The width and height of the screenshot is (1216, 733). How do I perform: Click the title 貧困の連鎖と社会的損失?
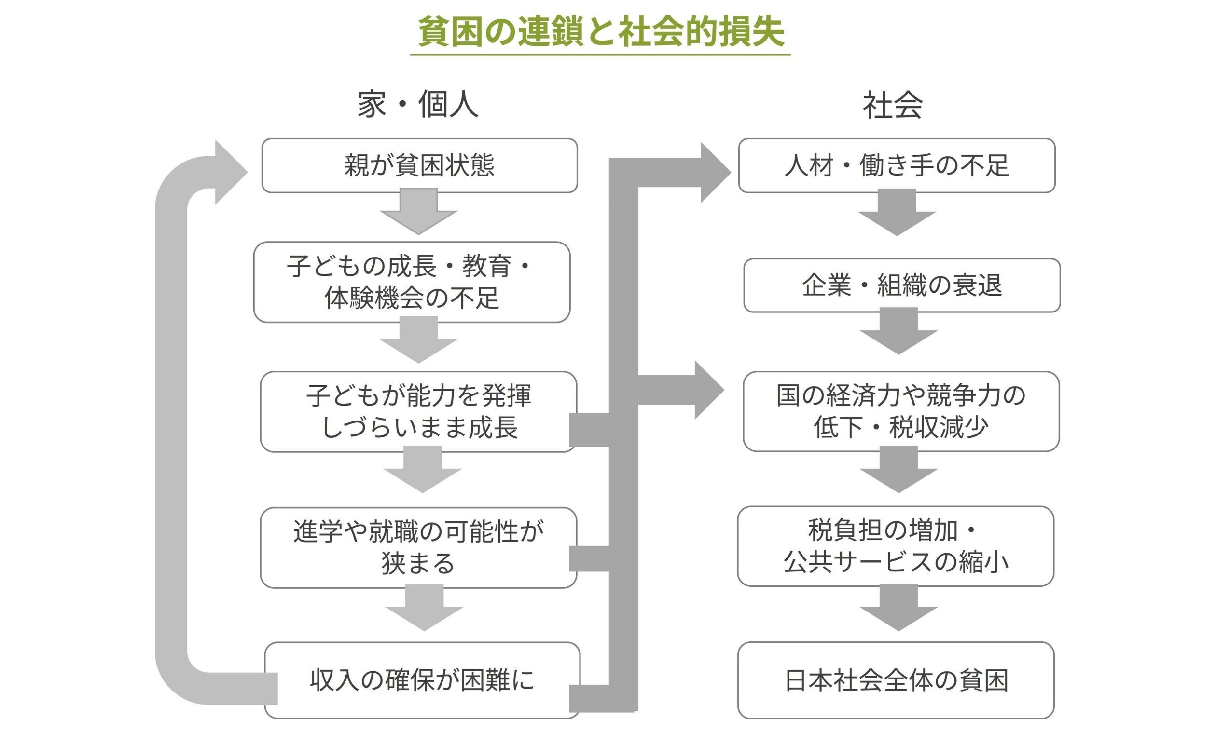pos(601,32)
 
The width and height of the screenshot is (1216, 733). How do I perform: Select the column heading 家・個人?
pos(418,105)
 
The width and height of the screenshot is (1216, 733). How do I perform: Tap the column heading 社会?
pos(892,106)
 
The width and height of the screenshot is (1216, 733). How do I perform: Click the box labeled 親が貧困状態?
pos(419,165)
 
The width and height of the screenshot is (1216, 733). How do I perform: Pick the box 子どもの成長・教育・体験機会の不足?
pos(412,282)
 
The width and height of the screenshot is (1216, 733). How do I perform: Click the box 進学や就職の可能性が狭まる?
pos(417,547)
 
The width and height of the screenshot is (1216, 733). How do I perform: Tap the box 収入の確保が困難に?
pos(422,680)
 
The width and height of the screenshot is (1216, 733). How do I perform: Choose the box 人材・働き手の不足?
pos(897,165)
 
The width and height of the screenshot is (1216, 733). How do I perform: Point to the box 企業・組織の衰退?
pos(902,285)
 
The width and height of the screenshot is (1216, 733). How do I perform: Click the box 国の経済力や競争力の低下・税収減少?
pos(901,411)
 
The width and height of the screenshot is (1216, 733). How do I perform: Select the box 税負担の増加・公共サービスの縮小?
pos(896,546)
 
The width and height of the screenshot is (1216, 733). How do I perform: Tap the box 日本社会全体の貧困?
pos(896,680)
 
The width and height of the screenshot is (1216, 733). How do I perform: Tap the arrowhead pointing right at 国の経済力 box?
pos(708,390)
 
